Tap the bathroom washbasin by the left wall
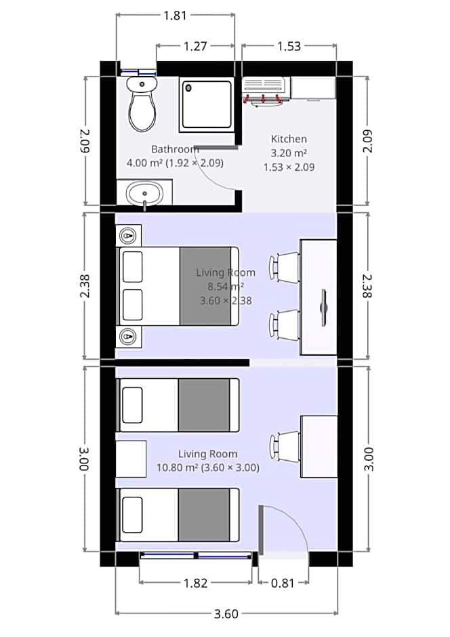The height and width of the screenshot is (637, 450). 144,193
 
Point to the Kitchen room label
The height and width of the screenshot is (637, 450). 289,139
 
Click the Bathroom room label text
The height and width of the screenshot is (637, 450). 174,149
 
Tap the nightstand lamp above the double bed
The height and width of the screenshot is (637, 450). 129,236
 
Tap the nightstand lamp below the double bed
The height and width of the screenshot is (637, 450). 129,335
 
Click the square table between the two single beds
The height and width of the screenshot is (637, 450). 131,459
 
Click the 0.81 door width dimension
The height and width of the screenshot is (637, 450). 283,583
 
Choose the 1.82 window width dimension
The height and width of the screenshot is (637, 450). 195,583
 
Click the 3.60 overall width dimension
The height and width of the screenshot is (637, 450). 226,614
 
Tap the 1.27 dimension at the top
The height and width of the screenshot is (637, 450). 195,46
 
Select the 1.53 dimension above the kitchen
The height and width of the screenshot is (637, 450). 288,46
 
